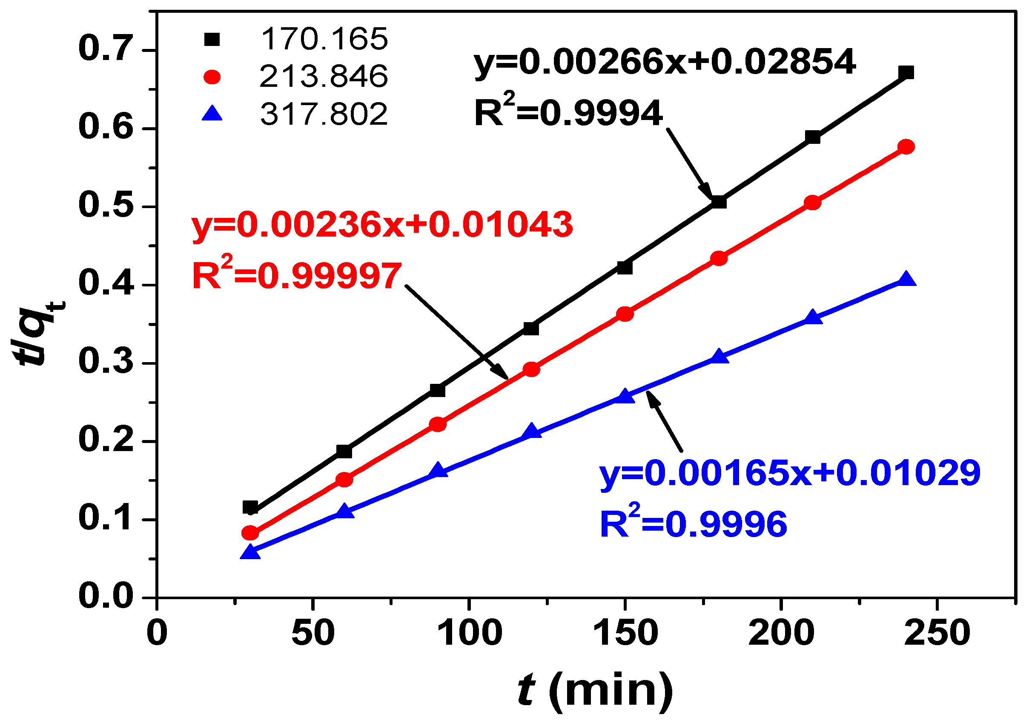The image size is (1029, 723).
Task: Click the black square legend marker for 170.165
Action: coord(212,40)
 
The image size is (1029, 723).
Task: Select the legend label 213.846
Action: coord(323,76)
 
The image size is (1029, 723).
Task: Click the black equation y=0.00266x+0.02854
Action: coord(665,63)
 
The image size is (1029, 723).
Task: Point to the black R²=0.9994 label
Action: coord(568,113)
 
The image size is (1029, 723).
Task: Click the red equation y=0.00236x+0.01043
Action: coord(382,225)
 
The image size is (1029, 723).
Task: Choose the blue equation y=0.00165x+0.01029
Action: coord(790,473)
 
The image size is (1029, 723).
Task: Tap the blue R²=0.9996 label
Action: coord(694,524)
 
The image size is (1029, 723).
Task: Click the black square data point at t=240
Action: coord(906,73)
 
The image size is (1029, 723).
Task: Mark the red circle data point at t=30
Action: coord(250,533)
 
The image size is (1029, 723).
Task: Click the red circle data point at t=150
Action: coord(625,314)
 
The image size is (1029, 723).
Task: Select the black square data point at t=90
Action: coord(437,390)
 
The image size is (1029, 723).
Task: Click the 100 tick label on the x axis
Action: coord(469,633)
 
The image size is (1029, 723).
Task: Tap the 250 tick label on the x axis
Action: coord(937,633)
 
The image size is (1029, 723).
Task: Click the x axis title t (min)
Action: coord(594,692)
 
